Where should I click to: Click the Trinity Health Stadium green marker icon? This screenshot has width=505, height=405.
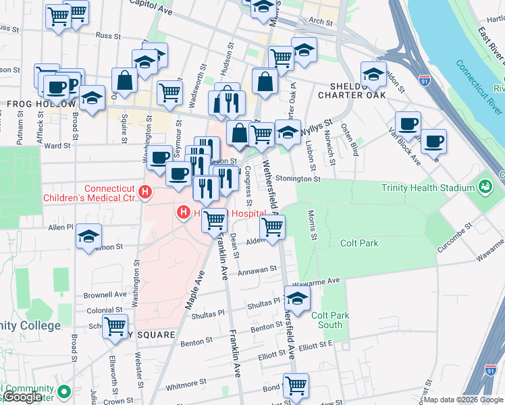point(485,186)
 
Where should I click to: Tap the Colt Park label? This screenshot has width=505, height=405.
point(359,243)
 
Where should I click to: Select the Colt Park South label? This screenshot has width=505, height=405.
point(330,320)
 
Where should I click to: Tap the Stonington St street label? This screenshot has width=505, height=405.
point(297,180)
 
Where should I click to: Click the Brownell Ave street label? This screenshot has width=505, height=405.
point(105,295)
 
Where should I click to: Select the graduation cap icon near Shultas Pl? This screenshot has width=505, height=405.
point(296,297)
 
